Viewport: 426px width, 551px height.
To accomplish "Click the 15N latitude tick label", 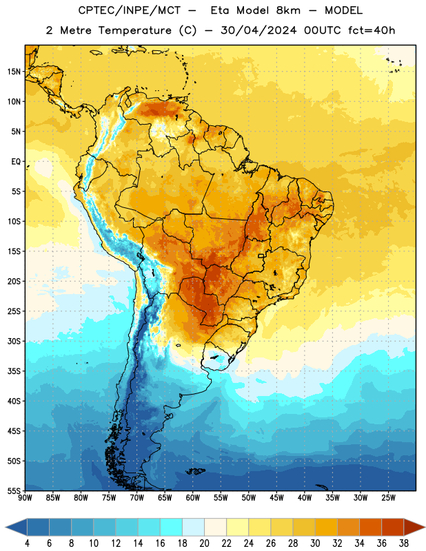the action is (x=14, y=72).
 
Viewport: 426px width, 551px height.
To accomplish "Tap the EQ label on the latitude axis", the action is (x=16, y=162).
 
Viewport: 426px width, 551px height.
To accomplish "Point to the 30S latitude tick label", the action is (x=14, y=341).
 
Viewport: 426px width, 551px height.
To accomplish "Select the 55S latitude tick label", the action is (x=14, y=490).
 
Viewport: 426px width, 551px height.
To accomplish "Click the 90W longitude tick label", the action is (x=25, y=498).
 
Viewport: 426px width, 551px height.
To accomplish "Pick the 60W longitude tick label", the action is (x=193, y=498).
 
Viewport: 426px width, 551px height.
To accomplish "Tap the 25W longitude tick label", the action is (x=388, y=498).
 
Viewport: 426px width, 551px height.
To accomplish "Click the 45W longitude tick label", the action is (x=276, y=498).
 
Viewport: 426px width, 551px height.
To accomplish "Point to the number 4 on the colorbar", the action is (x=27, y=543).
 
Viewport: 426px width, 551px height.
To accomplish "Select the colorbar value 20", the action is (x=204, y=543).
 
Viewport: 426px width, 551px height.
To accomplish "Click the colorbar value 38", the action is (x=404, y=543).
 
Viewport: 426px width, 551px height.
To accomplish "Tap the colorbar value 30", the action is (x=315, y=543).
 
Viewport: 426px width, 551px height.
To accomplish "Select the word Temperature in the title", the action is (x=134, y=30).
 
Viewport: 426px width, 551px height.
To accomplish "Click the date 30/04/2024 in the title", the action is (x=258, y=30).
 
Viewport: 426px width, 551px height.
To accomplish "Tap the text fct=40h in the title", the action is (x=372, y=30).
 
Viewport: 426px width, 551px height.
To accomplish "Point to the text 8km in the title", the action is (x=288, y=10).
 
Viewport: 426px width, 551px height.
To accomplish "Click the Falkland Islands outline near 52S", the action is (x=196, y=471).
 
